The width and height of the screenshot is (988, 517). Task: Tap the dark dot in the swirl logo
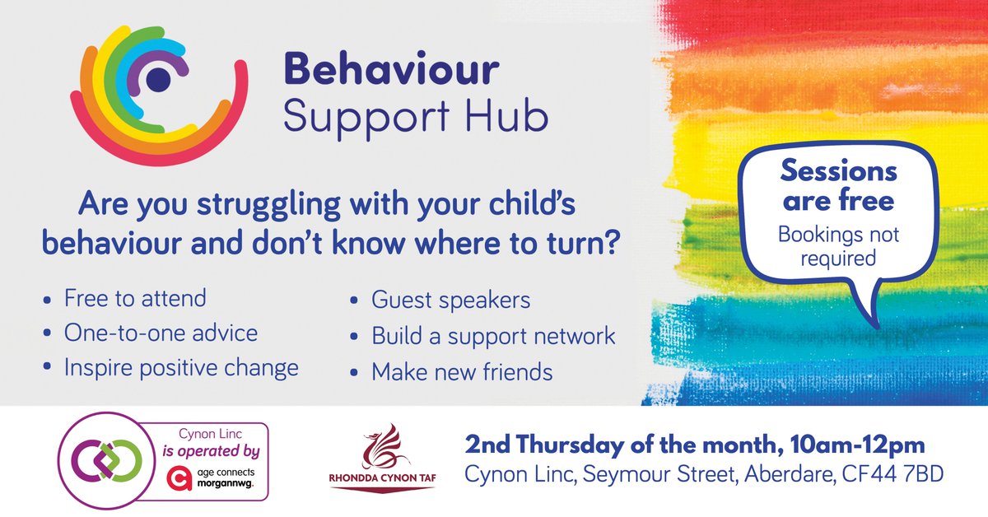coord(158,79)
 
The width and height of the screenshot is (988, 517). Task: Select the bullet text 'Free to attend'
coord(135,297)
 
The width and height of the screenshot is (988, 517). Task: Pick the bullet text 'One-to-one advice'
coord(161,333)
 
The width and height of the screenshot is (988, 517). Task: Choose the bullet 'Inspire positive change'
coord(181,367)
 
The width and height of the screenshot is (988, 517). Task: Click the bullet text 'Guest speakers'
coord(451,300)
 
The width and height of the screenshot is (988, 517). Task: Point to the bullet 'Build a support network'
coord(493,335)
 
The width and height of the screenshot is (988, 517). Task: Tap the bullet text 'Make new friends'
coord(462,372)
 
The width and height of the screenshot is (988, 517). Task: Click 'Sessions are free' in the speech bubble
coord(837,185)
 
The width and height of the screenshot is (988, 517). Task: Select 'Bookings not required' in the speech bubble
coord(839,247)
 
